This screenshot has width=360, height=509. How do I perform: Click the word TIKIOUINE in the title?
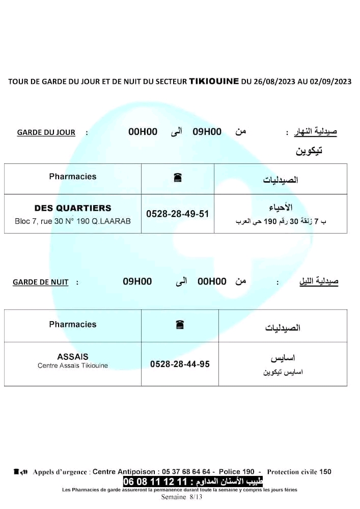pyautogui.click(x=214, y=81)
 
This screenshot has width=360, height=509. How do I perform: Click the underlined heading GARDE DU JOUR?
pyautogui.click(x=46, y=132)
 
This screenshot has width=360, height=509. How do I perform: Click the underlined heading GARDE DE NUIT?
pyautogui.click(x=41, y=282)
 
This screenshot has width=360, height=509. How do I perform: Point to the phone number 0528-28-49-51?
pyautogui.click(x=178, y=214)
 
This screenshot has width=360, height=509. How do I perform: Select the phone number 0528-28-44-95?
pyautogui.click(x=180, y=364)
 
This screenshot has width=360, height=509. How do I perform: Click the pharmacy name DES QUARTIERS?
pyautogui.click(x=73, y=208)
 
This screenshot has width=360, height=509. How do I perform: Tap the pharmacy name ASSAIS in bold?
pyautogui.click(x=73, y=357)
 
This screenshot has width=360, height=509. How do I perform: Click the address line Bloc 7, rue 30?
pyautogui.click(x=73, y=221)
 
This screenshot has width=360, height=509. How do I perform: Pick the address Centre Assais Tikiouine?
pyautogui.click(x=73, y=365)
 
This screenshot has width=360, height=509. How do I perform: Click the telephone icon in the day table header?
pyautogui.click(x=178, y=178)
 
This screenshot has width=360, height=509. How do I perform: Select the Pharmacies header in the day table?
pyautogui.click(x=73, y=177)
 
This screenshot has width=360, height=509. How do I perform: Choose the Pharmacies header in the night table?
pyautogui.click(x=73, y=324)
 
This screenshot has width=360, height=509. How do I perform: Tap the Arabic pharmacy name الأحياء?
pyautogui.click(x=280, y=208)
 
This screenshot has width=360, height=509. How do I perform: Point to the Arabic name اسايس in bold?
pyautogui.click(x=283, y=358)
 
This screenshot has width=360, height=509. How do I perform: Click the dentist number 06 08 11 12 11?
pyautogui.click(x=155, y=482)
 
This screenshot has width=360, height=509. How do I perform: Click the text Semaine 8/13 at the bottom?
pyautogui.click(x=182, y=497)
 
